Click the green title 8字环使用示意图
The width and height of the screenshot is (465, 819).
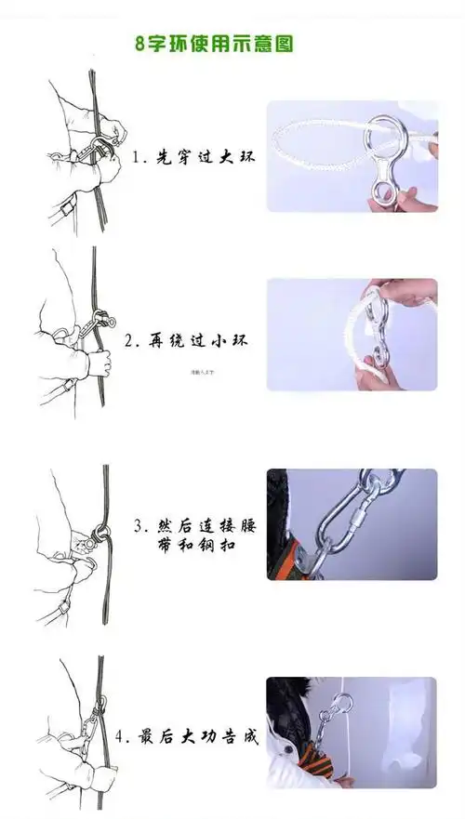pos(215,44)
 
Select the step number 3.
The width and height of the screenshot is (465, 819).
pos(139,526)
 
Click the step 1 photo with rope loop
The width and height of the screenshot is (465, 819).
pos(352,156)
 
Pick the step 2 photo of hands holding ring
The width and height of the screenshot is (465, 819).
pos(352,335)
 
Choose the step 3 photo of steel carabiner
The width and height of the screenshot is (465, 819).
pos(352,524)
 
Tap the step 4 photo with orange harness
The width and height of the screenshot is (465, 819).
pos(352,733)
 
